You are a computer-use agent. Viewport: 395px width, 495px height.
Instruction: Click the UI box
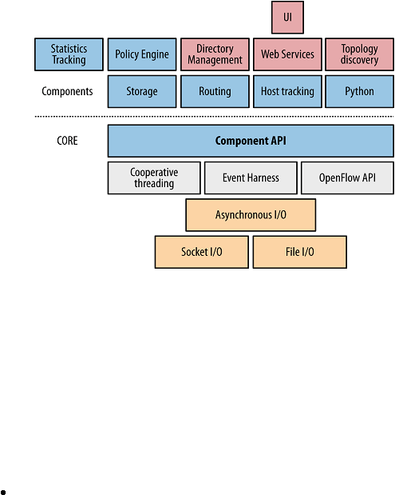point(287,18)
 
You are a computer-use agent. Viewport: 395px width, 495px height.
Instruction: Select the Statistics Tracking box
point(69,54)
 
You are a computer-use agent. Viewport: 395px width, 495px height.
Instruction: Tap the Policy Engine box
point(142,54)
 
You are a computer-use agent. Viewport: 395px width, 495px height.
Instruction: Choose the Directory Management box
point(215,54)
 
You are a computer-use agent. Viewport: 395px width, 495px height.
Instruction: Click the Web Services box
point(287,54)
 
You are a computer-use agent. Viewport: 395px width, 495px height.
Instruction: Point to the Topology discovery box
point(359,54)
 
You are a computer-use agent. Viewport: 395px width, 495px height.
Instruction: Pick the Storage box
point(142,91)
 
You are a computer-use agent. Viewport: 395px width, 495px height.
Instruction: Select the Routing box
point(215,91)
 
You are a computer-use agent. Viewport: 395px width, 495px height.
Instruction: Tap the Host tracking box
point(287,91)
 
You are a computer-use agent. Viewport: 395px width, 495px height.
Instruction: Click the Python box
point(359,91)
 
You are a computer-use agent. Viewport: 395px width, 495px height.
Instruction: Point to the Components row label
point(67,91)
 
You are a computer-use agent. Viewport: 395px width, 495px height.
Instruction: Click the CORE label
point(67,141)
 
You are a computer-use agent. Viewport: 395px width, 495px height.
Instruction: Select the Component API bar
point(251,141)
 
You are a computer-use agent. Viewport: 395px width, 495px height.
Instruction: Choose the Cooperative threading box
point(154,178)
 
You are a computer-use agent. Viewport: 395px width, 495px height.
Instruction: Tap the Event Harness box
point(251,178)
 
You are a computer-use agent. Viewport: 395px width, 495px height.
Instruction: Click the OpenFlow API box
point(347,178)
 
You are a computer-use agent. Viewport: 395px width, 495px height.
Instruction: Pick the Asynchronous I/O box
point(251,214)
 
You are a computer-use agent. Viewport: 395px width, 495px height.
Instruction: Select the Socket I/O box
point(202,252)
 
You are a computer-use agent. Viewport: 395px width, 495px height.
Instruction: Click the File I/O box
point(300,252)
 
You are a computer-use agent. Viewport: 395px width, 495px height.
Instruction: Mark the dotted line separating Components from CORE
point(214,117)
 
